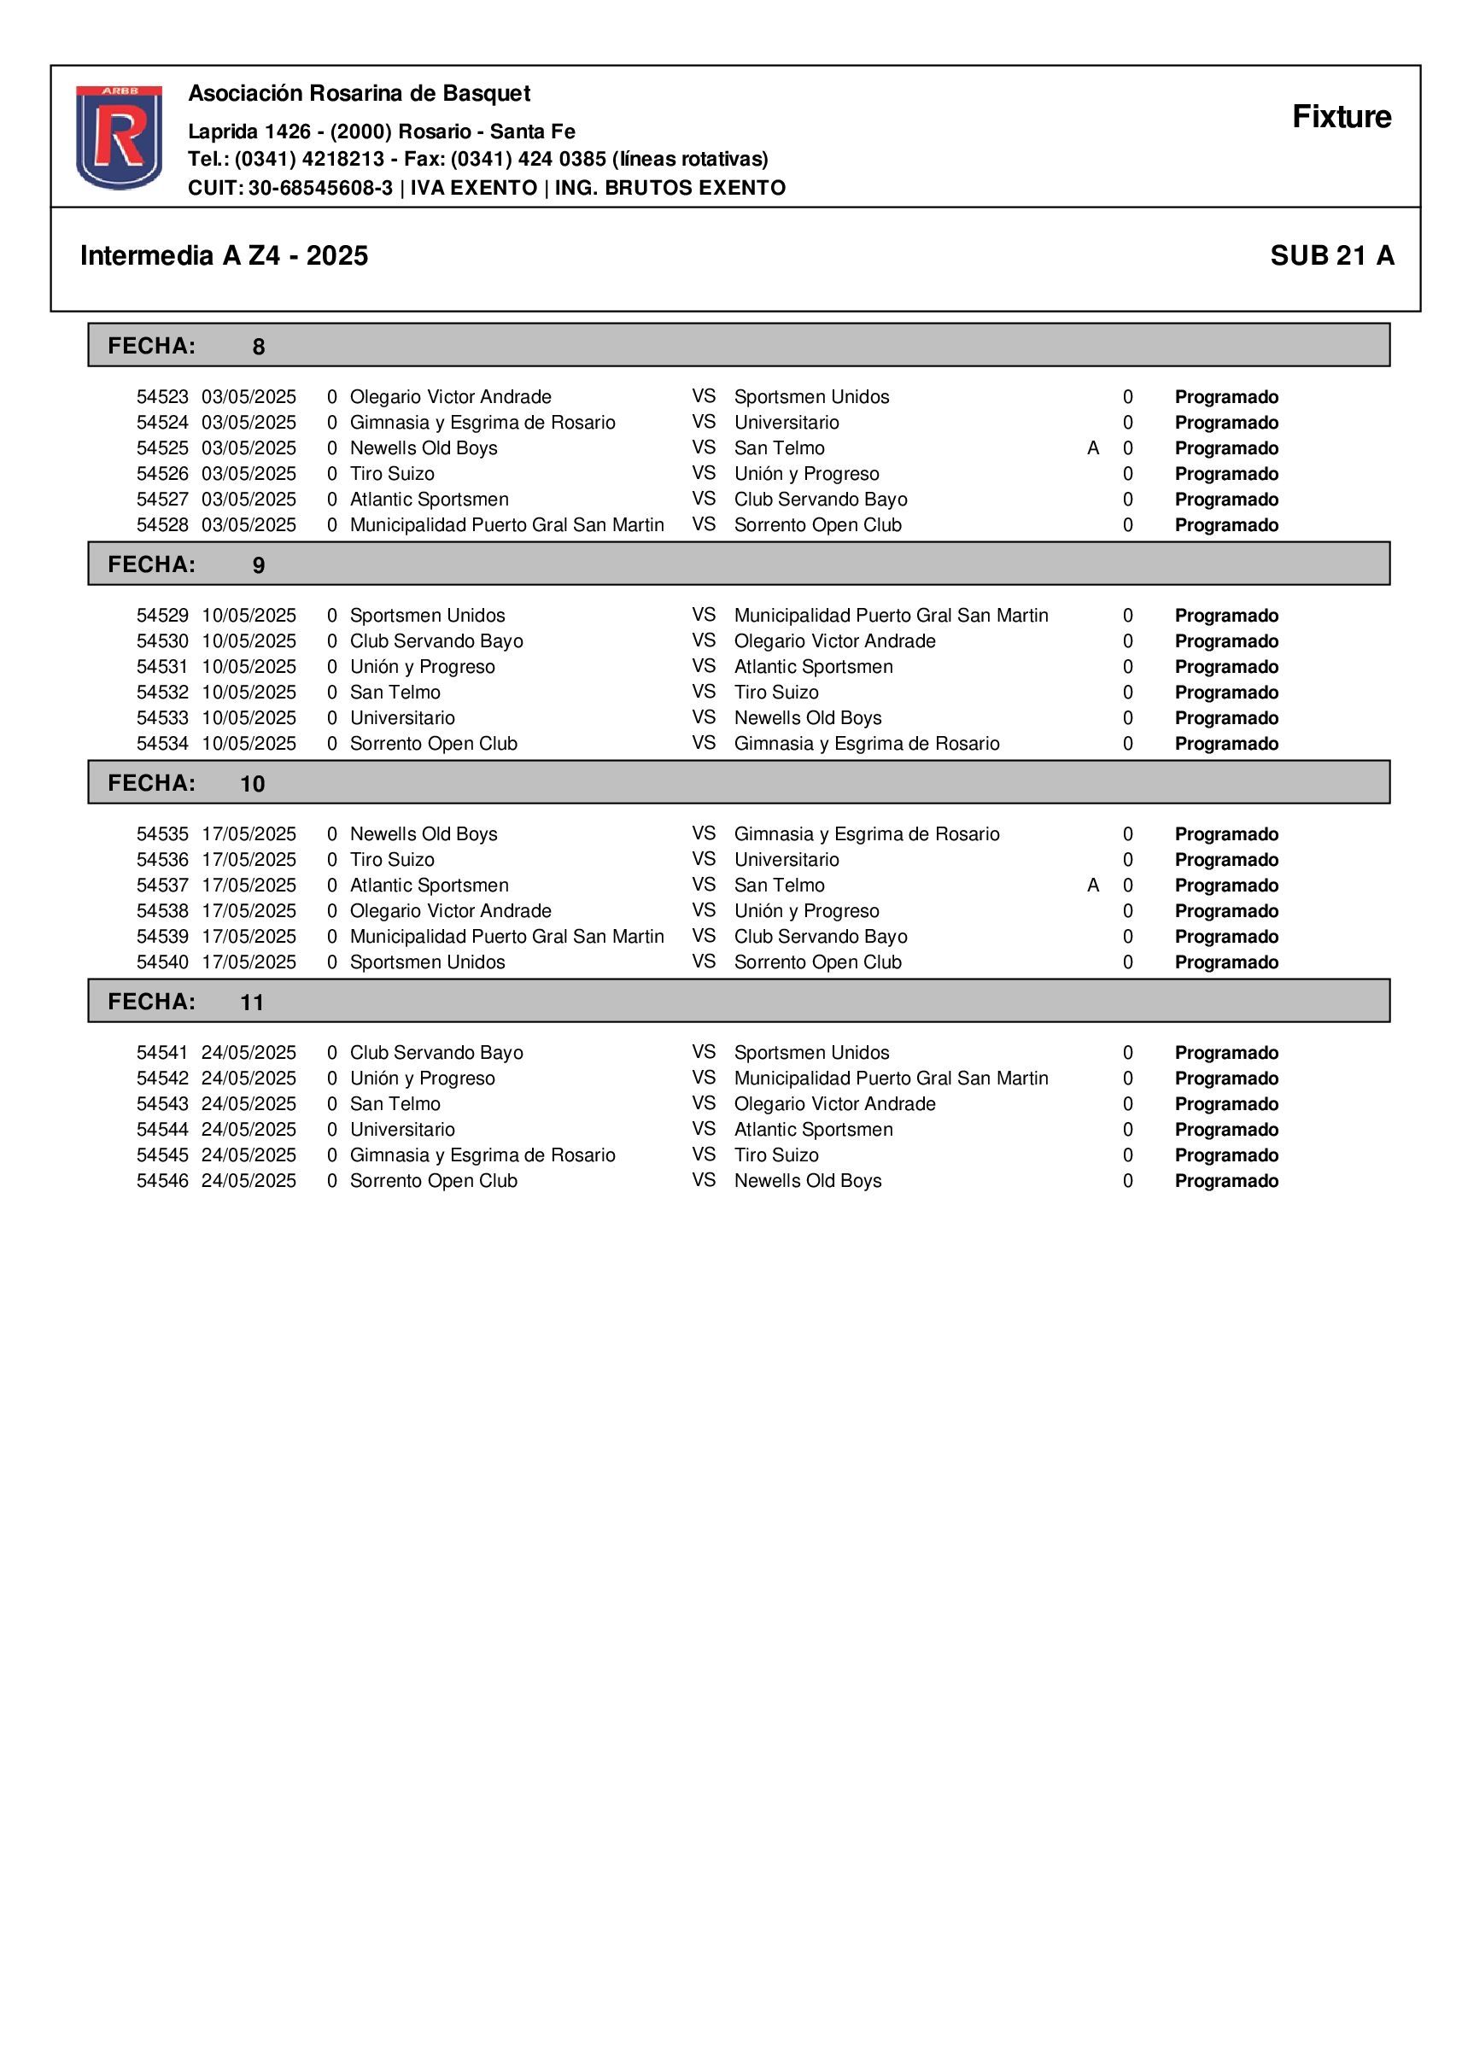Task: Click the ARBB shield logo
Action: (119, 137)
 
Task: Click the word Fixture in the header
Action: (1341, 117)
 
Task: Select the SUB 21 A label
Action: (1331, 255)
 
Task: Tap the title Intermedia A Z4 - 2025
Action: (224, 255)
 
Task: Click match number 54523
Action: (162, 397)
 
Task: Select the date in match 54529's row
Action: (249, 616)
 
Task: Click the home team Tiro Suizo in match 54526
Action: (392, 473)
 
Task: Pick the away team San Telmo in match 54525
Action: (779, 448)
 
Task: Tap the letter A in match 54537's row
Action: (1093, 886)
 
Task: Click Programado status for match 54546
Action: (1226, 1181)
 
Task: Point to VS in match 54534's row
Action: (704, 744)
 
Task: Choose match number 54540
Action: (162, 962)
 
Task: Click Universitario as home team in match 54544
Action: (402, 1130)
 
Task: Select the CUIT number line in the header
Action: (486, 188)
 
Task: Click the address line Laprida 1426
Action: (382, 132)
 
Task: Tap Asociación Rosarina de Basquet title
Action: (360, 94)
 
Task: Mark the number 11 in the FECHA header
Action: (252, 1003)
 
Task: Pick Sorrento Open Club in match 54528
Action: (817, 525)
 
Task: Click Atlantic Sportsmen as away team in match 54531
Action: (813, 667)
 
